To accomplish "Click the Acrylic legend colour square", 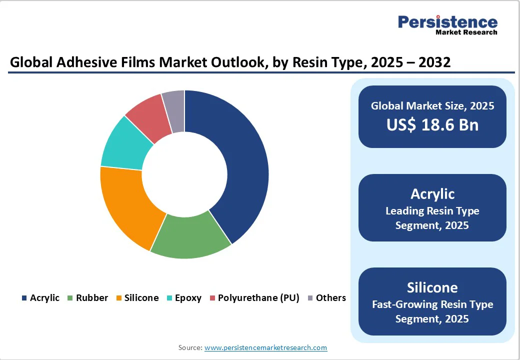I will (x=24, y=298).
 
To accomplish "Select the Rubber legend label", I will (x=92, y=298).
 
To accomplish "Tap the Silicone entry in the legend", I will (x=141, y=298).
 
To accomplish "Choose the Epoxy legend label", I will (x=188, y=298).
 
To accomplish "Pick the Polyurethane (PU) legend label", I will (x=258, y=298).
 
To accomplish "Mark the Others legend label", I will (x=330, y=298).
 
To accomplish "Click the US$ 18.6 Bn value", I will (x=432, y=124).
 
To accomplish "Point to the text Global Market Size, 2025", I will (x=432, y=105).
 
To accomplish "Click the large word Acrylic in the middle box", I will (x=432, y=193).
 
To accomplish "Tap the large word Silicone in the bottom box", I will (x=432, y=287).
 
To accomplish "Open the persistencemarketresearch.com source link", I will (x=265, y=347).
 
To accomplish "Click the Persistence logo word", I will (x=447, y=22).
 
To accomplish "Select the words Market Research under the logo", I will (x=466, y=32).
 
